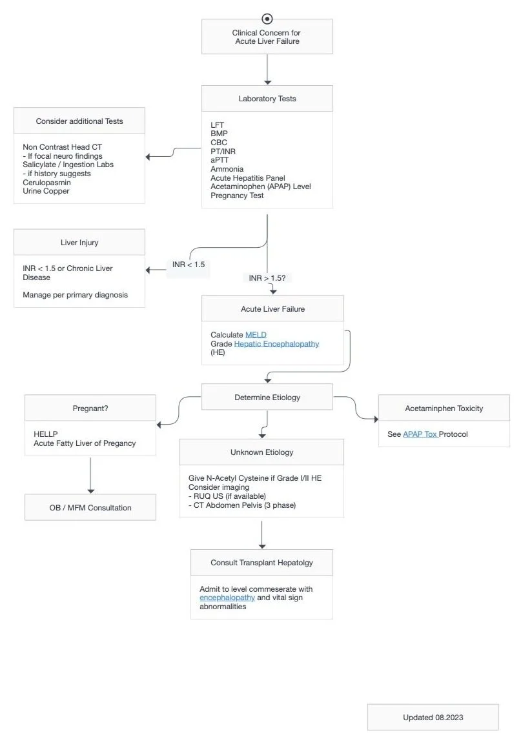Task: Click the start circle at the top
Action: point(267,19)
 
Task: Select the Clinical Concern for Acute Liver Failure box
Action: point(267,37)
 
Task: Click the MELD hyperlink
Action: point(256,335)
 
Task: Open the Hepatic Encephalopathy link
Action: point(276,344)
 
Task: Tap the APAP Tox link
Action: point(420,434)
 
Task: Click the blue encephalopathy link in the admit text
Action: point(227,598)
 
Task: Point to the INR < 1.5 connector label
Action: point(189,265)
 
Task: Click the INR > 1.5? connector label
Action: point(267,277)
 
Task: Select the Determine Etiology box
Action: point(267,398)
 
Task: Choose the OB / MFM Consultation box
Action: point(90,507)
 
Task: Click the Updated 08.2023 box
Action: point(433,717)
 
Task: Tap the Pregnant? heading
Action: point(90,408)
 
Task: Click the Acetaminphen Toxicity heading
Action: point(444,408)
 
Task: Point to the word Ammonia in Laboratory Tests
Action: point(227,169)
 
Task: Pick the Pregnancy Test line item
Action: point(237,196)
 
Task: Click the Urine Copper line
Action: point(46,191)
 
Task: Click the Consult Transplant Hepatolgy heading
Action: point(261,563)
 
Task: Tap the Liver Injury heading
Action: point(79,242)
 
